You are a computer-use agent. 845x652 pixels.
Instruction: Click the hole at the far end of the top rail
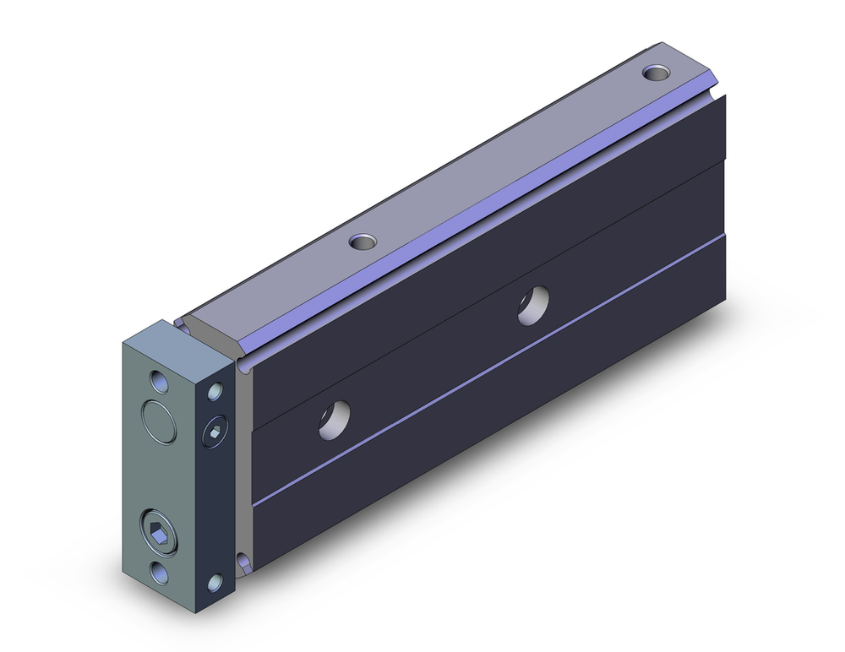(x=655, y=73)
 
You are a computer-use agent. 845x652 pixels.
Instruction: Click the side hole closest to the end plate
(x=335, y=419)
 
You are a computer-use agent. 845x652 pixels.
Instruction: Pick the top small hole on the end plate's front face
(x=160, y=380)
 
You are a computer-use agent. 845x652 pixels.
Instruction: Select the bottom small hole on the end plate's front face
(x=160, y=571)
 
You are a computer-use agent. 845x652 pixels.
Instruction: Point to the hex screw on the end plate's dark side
(x=215, y=433)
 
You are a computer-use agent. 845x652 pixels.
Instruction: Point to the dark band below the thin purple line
(x=507, y=422)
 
